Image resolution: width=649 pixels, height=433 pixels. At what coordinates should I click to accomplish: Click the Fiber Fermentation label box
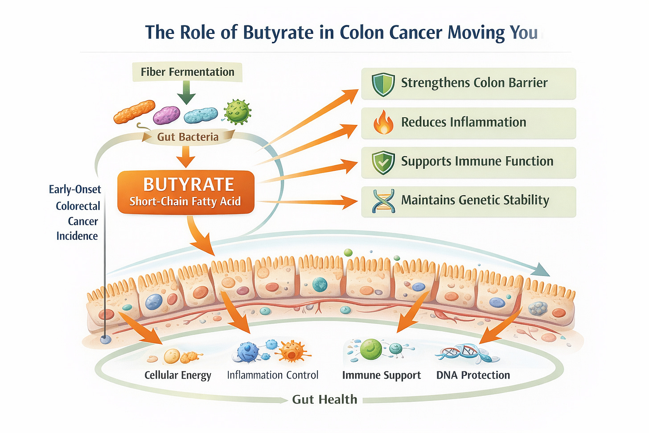(x=187, y=72)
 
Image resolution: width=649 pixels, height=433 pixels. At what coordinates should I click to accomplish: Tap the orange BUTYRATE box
(x=185, y=192)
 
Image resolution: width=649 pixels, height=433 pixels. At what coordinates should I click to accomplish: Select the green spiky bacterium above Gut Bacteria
(x=237, y=111)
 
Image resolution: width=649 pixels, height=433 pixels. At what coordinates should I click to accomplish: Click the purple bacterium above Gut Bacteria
(x=166, y=115)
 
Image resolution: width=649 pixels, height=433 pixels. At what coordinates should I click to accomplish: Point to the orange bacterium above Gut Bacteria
(x=134, y=111)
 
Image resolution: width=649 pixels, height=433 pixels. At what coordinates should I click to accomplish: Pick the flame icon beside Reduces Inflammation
(x=383, y=123)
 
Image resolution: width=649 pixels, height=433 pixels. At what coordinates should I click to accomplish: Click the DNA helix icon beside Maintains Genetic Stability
(x=383, y=201)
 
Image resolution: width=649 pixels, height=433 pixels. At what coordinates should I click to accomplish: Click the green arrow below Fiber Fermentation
(x=186, y=92)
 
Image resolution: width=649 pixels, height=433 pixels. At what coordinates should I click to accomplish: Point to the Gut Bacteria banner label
(x=188, y=137)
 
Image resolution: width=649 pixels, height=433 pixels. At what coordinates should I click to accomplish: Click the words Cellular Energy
(x=177, y=375)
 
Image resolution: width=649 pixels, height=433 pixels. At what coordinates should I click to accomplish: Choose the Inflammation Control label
(x=272, y=375)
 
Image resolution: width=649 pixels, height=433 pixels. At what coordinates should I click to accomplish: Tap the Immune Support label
(x=381, y=375)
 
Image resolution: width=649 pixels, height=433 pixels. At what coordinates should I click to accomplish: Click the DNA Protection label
(x=473, y=375)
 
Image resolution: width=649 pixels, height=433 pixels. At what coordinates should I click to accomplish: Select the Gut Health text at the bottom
(x=324, y=400)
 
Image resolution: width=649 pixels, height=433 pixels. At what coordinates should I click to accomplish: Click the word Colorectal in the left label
(x=78, y=206)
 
